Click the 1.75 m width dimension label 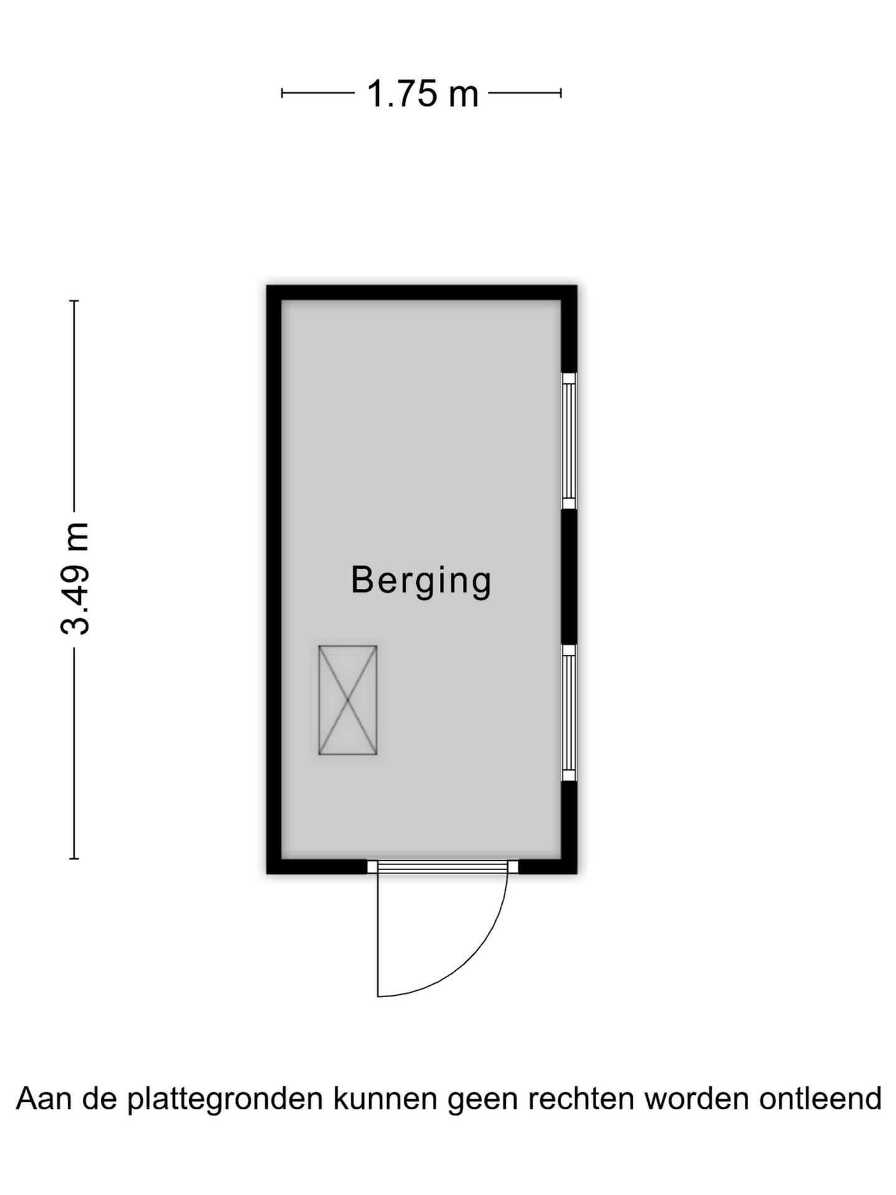coord(422,94)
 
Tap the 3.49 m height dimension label coord(75,579)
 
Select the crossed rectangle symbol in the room coord(348,700)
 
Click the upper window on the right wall coord(569,441)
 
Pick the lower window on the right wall coord(569,713)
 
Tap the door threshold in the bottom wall coord(442,866)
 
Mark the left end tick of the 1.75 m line coord(282,93)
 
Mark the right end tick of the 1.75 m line coord(561,93)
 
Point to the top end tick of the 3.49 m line coord(75,301)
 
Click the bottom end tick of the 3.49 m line coord(75,859)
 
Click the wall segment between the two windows coord(569,577)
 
